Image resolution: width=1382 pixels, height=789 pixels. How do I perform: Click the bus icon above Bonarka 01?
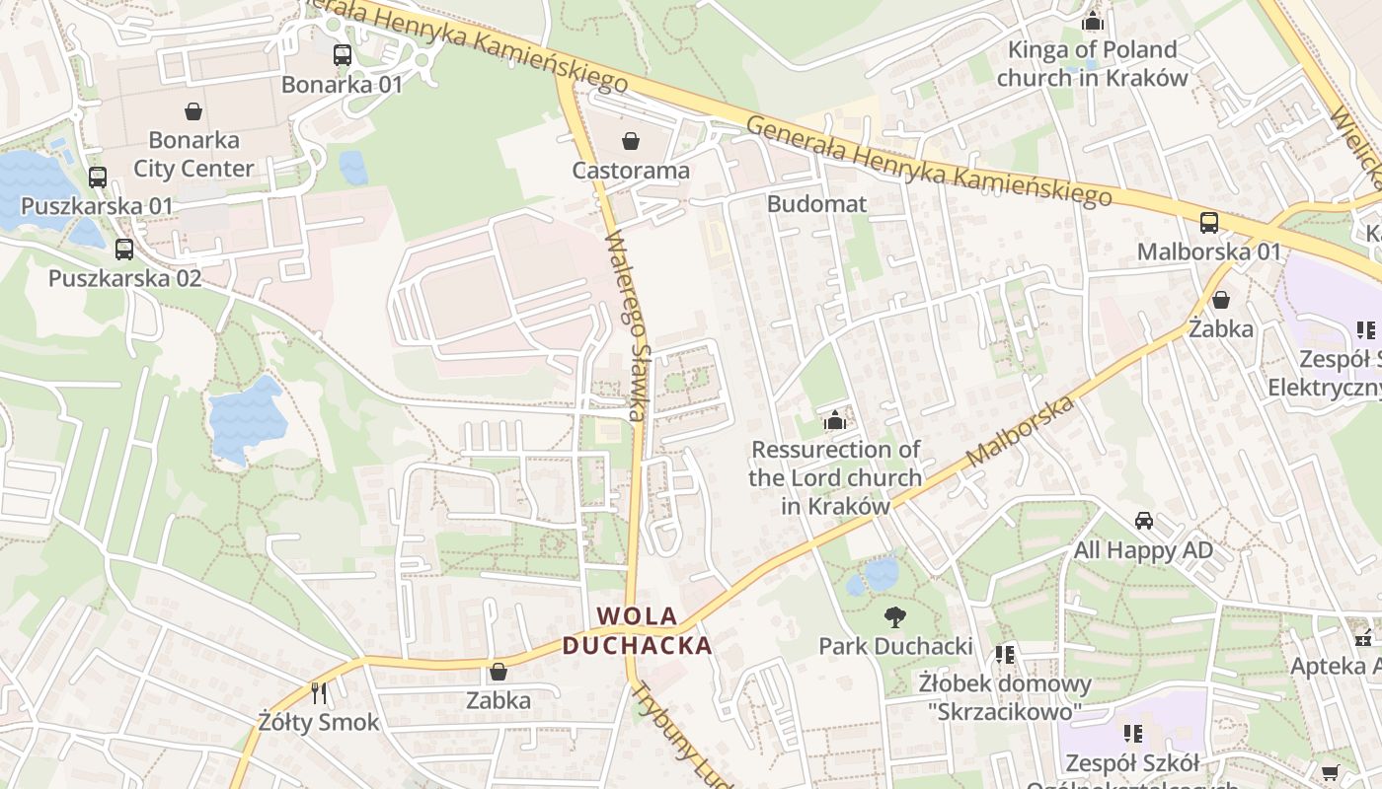(343, 55)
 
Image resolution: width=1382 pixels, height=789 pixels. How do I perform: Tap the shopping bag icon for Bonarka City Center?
(193, 111)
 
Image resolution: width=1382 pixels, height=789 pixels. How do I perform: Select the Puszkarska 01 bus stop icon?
(97, 178)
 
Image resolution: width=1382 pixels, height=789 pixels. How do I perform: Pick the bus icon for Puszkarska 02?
(123, 250)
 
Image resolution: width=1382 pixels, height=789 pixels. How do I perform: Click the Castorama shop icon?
(631, 142)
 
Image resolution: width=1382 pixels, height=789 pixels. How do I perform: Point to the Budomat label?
(816, 204)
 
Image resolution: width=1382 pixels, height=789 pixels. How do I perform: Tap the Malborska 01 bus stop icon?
(1208, 223)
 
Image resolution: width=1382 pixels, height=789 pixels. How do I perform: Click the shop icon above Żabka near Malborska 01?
(1221, 300)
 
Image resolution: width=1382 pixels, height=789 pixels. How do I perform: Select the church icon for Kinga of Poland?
(1092, 21)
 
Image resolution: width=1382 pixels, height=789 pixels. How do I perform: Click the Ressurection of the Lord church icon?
(835, 421)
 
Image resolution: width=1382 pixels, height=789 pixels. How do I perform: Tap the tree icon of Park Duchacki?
(895, 617)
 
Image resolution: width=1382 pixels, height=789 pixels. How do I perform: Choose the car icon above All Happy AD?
(1143, 521)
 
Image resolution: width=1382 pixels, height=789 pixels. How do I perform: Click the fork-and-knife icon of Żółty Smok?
(319, 693)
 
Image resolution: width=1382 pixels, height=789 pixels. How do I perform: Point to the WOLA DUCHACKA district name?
(638, 631)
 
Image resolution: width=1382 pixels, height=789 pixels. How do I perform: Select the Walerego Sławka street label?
(629, 325)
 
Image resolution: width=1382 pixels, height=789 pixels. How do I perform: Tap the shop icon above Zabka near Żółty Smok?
(499, 673)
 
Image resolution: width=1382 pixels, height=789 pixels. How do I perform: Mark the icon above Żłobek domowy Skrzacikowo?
(1005, 655)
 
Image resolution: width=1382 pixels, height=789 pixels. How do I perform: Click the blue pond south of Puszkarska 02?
(247, 419)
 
